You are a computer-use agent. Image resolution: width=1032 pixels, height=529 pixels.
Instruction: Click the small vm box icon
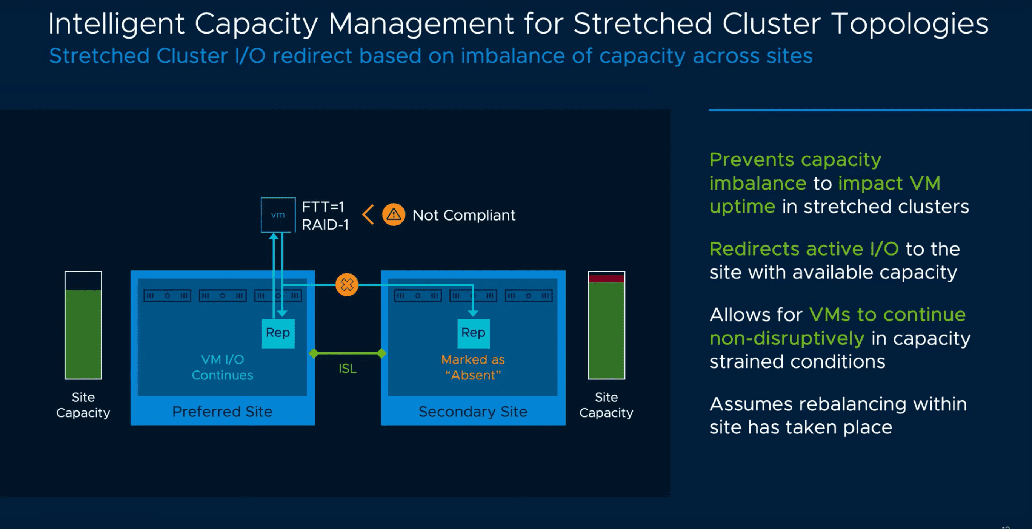coord(278,215)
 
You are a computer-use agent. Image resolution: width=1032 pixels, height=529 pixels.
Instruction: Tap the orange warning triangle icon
coord(394,215)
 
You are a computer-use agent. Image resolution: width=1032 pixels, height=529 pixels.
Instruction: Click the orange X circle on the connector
coord(346,285)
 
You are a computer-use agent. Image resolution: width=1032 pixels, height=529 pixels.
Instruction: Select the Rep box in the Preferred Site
coord(278,333)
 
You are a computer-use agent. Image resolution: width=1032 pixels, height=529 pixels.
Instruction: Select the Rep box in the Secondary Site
coord(473,333)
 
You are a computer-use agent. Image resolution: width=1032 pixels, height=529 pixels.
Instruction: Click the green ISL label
coord(348,369)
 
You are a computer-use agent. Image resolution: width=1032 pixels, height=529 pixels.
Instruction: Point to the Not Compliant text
coord(463,216)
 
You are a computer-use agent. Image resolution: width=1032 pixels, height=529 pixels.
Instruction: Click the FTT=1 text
coord(323,207)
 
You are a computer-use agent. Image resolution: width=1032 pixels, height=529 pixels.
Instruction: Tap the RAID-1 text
coord(325,225)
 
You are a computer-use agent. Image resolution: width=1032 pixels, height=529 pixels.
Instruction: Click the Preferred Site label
coord(222,412)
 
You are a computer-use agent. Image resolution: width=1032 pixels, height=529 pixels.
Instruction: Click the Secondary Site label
coord(473,412)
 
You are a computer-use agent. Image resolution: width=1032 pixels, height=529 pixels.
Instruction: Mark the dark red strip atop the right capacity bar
coord(606,279)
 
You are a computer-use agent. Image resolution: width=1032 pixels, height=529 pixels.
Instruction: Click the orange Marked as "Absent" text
coord(473,367)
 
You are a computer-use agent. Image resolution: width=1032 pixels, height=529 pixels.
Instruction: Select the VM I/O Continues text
coord(222,367)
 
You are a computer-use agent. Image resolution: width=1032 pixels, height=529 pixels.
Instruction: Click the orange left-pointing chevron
coord(368,215)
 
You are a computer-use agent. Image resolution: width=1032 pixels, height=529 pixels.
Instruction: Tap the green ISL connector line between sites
coord(348,353)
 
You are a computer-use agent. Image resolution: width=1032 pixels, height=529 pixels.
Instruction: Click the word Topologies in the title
coord(909,24)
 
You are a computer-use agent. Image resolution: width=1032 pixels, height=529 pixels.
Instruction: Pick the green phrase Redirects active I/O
coord(804,249)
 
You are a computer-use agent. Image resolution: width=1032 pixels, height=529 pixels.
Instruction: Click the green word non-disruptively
coord(786,339)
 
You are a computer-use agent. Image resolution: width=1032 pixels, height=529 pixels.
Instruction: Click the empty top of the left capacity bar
coord(83,281)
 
